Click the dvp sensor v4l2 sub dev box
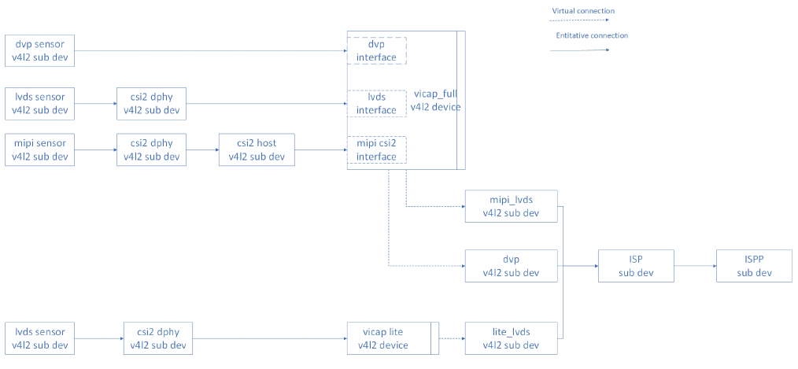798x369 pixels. pos(39,51)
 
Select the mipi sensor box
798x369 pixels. pos(39,149)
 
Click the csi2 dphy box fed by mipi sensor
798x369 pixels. pos(151,149)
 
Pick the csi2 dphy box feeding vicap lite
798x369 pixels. pos(157,338)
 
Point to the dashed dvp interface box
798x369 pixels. pos(377,51)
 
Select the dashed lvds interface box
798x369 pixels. pos(377,103)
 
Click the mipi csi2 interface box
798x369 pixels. pos(377,149)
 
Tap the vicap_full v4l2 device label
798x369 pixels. pos(435,100)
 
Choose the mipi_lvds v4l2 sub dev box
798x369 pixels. pos(511,205)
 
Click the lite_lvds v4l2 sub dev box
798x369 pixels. pos(511,338)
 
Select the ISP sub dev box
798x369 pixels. pos(636,266)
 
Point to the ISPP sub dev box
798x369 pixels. pos(753,266)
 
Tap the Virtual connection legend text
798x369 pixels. pos(582,11)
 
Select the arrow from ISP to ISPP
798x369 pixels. pos(695,266)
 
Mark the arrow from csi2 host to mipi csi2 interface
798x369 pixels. pos(321,149)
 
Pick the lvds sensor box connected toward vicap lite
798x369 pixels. pos(39,338)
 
